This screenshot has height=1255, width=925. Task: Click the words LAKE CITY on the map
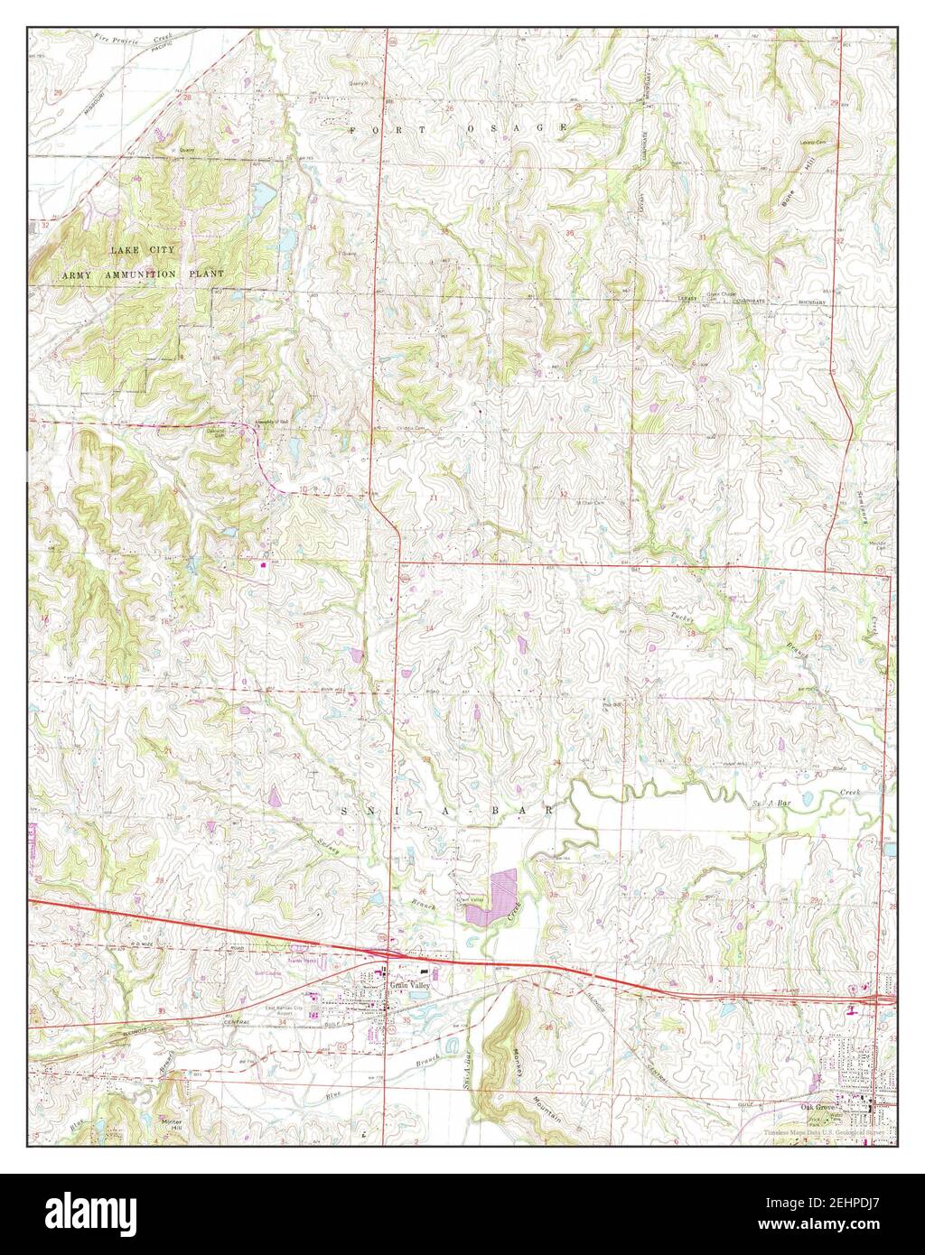[x=143, y=249]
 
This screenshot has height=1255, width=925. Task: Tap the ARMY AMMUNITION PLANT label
[x=143, y=273]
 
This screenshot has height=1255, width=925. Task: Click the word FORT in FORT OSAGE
[x=379, y=129]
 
